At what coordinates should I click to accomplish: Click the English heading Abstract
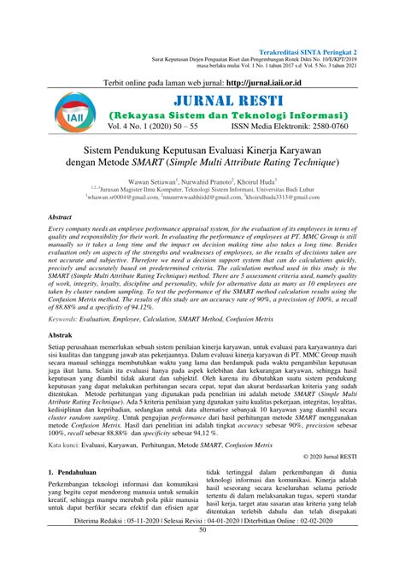click(x=62, y=243)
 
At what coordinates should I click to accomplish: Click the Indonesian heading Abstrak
click(x=62, y=360)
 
